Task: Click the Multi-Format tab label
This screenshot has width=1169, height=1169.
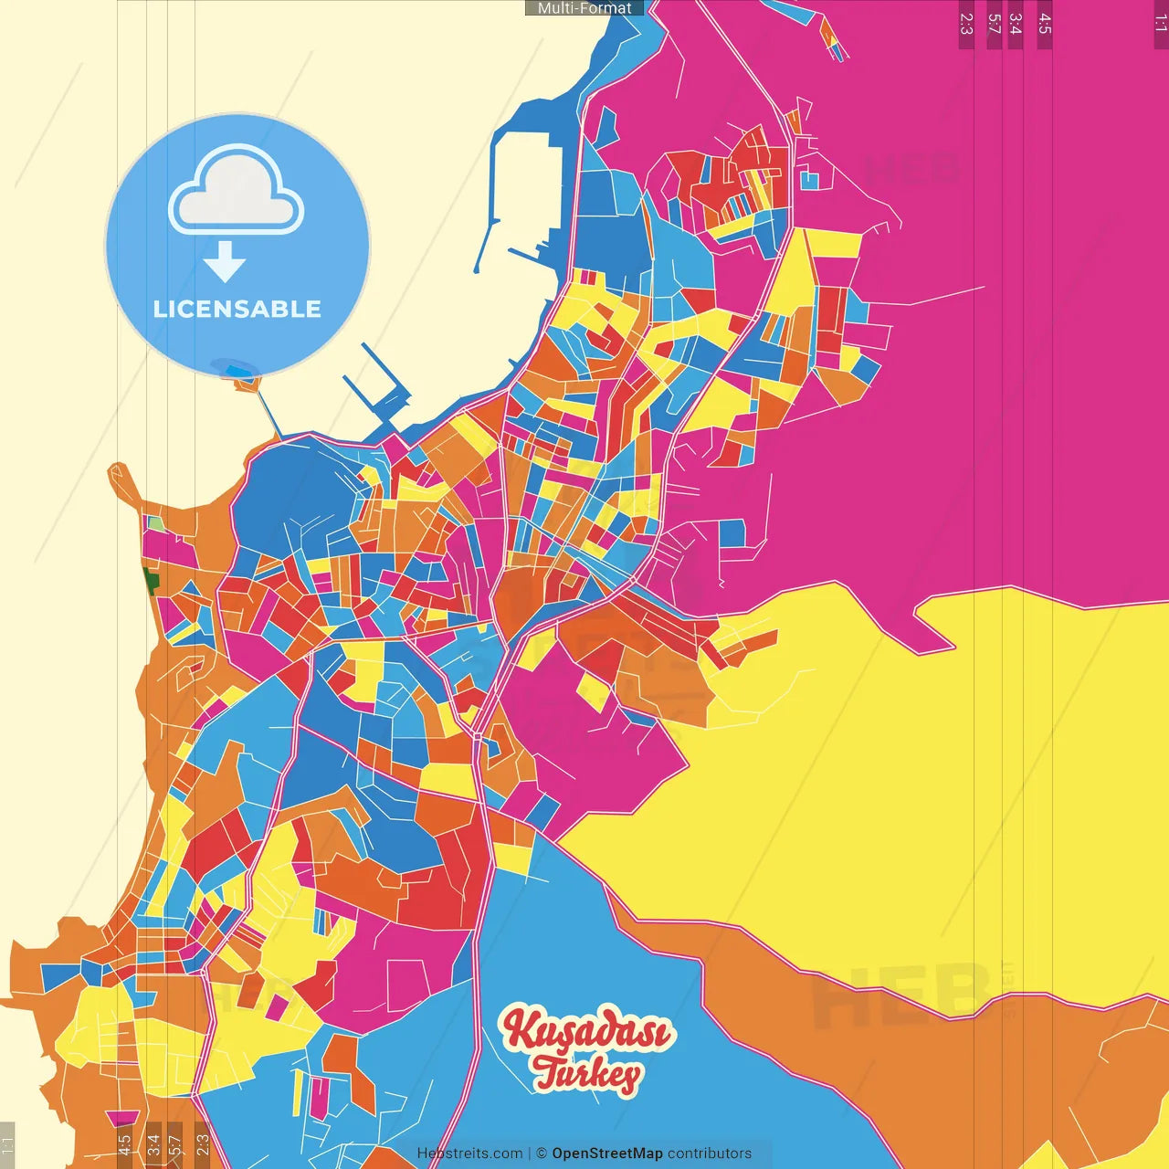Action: tap(584, 8)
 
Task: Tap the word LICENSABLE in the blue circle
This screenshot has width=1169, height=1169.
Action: tap(237, 309)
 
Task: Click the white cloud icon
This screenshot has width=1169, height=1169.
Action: tap(236, 194)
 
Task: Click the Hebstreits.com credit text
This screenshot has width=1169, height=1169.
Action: tap(469, 1153)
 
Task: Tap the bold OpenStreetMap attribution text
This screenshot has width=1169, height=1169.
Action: tap(606, 1153)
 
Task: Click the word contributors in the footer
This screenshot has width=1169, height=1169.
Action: tap(710, 1153)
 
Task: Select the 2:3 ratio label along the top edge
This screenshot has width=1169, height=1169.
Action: tap(966, 24)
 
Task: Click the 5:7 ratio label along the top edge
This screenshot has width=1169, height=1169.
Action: tap(994, 24)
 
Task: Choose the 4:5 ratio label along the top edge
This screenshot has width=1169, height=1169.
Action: tap(1045, 24)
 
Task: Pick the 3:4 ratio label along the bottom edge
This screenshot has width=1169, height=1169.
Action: tap(153, 1144)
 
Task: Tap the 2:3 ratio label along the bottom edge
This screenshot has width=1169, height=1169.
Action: tap(203, 1144)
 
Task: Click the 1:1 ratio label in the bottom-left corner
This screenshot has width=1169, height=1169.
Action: tap(7, 1144)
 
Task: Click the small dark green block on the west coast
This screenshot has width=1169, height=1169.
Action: tap(151, 579)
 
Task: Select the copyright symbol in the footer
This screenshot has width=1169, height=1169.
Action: tap(541, 1153)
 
